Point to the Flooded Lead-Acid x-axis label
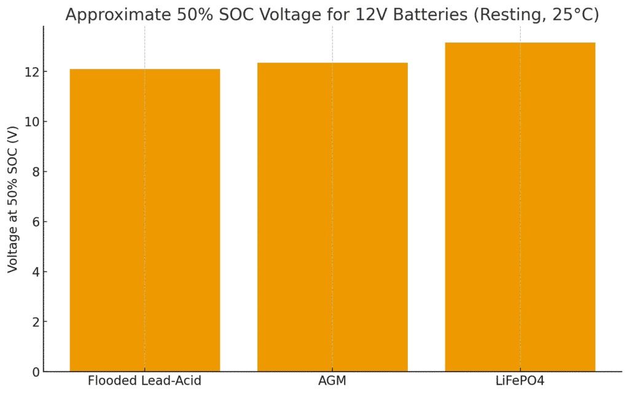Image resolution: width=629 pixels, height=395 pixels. (145, 381)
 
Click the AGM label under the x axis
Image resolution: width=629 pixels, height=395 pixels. (332, 381)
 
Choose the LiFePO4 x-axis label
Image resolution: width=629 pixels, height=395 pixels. (520, 381)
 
